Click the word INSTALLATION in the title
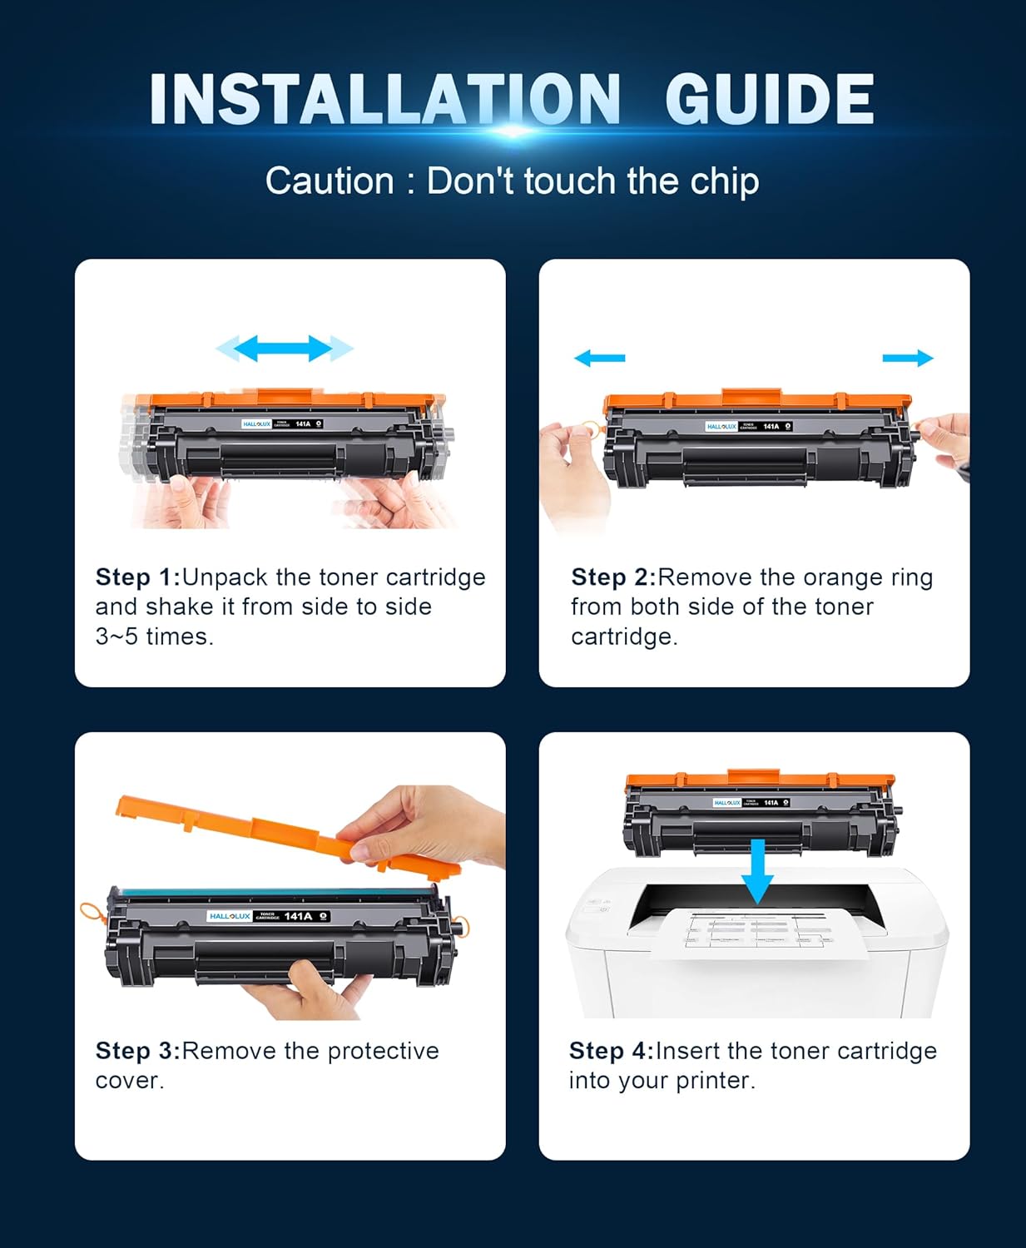pos(385,100)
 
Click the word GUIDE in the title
pos(769,100)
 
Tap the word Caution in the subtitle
pos(330,181)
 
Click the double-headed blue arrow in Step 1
pos(285,349)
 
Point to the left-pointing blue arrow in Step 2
pos(599,358)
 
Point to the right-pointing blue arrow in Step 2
pos(908,358)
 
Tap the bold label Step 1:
pos(137,577)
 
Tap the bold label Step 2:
pos(613,577)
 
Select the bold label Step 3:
pos(137,1051)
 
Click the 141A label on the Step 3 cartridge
pos(298,916)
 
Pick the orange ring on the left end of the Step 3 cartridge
pos(91,913)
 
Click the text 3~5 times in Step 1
pos(154,636)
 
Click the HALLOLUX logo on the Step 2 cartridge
pos(721,426)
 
